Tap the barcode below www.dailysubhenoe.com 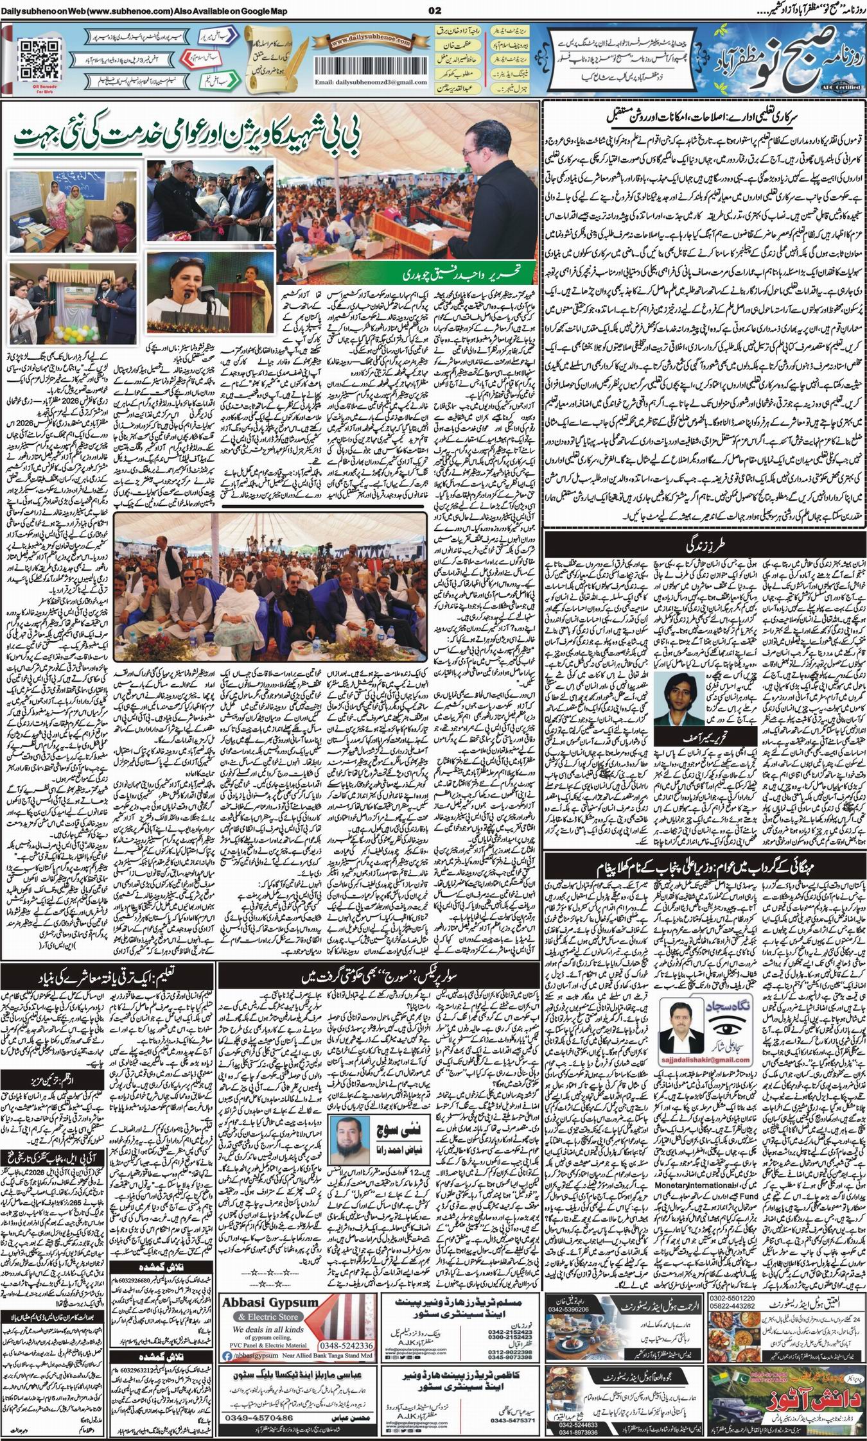tap(369, 64)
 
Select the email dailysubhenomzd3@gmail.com tap(371, 83)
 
